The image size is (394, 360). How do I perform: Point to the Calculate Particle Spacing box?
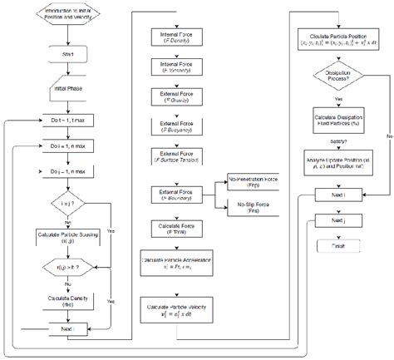[x=64, y=236]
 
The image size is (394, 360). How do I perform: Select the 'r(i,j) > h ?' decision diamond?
[x=64, y=268]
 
